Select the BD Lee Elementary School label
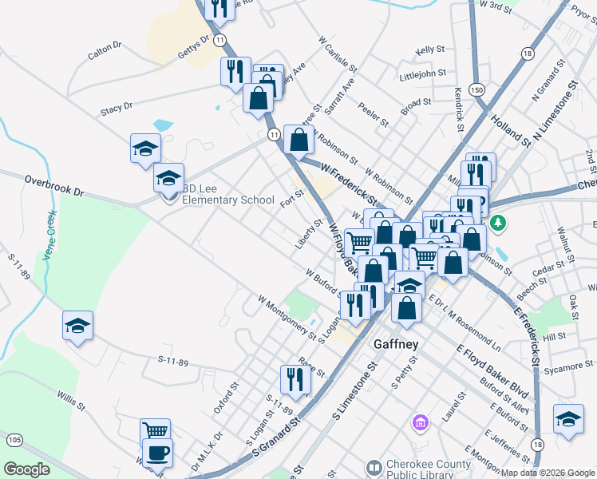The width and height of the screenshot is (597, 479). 227,195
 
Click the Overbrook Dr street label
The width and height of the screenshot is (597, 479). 53,187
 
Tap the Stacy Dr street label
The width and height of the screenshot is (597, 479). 117,106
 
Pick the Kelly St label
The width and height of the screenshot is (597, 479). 429,50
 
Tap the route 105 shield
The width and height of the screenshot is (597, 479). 14,439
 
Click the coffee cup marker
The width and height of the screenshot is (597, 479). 157,452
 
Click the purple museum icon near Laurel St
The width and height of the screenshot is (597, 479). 420,421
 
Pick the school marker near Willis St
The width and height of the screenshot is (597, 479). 78,325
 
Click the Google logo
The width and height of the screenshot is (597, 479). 27,469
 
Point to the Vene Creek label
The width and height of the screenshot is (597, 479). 49,229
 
